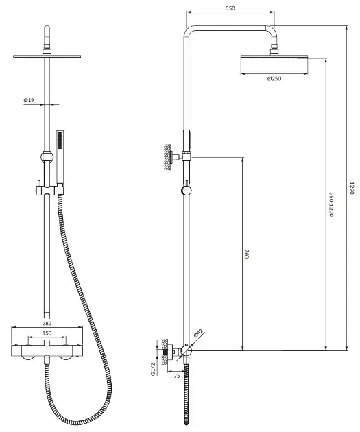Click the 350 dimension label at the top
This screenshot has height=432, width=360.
pos(230,8)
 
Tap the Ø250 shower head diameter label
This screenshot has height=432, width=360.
pos(274,79)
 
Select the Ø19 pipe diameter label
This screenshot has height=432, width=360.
pos(29,100)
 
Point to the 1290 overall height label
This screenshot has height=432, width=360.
pos(352,188)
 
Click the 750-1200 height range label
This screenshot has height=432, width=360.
pos(331,205)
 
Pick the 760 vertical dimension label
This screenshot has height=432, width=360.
pos(247,254)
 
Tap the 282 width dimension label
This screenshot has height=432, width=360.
pos(47,323)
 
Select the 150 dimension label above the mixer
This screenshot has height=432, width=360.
pos(47,333)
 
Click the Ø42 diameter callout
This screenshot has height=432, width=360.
pos(198,333)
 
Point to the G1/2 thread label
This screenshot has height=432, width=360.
pos(154,369)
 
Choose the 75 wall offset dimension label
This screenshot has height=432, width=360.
pos(177,376)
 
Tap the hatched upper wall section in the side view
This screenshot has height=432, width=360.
pos(167,157)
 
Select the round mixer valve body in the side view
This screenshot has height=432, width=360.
pos(187,350)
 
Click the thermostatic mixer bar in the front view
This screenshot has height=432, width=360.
pos(47,350)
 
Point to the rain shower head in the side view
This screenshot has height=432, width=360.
pos(274,56)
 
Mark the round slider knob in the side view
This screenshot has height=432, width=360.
pos(187,190)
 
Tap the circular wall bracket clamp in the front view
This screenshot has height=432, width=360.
pos(47,157)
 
